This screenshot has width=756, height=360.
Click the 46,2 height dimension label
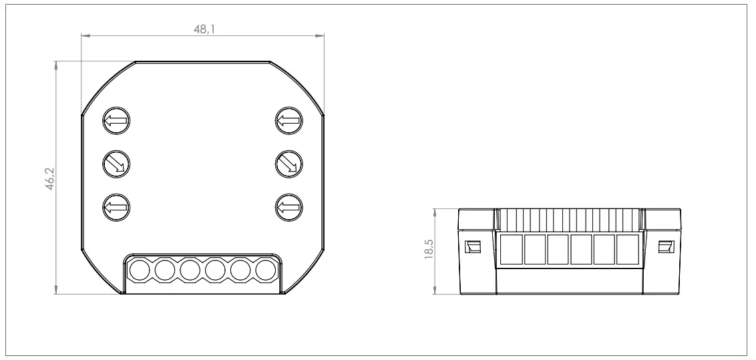pos(49,180)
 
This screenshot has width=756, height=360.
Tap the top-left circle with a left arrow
pos(116,122)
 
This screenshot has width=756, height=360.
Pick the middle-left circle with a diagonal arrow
pos(116,162)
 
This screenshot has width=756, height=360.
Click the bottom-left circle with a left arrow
pos(116,206)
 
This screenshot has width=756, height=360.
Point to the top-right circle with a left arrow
pos(289,122)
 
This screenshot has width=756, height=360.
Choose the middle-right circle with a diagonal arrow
pos(289,162)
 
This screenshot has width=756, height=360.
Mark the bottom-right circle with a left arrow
pos(289,206)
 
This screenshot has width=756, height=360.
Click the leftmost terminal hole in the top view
pos(139,271)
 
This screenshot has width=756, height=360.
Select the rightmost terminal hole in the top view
pos(266,271)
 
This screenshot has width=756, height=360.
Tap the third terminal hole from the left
pos(190,271)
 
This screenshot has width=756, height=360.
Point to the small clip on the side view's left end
pos(472,246)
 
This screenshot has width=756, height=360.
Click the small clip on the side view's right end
pos(665,246)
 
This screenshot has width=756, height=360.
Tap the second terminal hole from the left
pos(164,271)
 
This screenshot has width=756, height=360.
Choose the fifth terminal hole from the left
pos(240,271)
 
